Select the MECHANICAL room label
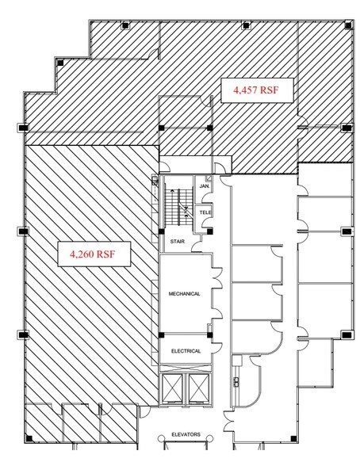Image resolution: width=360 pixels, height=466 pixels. click(x=184, y=294)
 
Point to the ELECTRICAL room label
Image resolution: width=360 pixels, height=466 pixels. click(x=186, y=350)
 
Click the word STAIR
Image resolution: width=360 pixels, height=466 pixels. click(x=178, y=241)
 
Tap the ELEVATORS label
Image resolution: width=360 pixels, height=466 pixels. click(x=186, y=435)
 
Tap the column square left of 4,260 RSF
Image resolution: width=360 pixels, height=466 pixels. click(x=22, y=231)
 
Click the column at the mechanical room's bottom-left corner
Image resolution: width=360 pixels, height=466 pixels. click(x=161, y=334)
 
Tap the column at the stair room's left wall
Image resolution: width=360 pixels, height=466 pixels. click(x=161, y=231)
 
